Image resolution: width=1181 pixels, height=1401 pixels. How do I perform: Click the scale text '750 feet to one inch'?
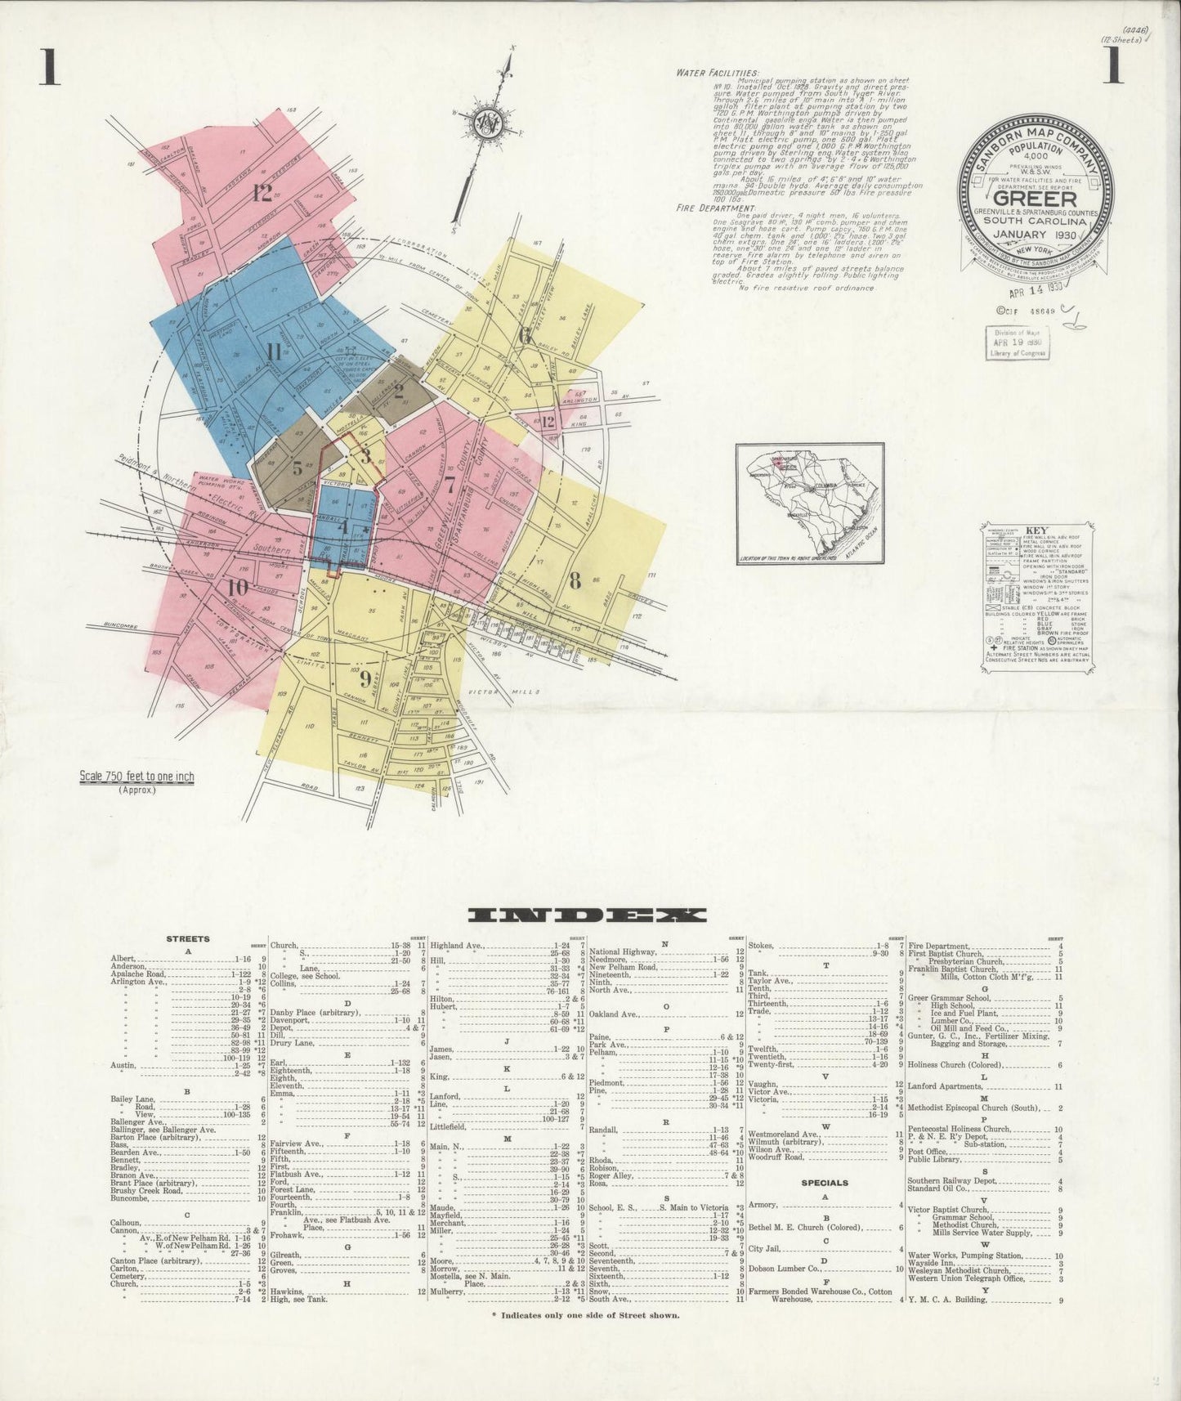pos(136,777)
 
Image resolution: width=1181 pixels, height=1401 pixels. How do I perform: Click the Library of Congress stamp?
pos(1017,342)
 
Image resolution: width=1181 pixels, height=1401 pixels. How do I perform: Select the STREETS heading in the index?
pos(187,938)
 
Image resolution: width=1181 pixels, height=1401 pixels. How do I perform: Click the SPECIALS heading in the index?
pos(825,1182)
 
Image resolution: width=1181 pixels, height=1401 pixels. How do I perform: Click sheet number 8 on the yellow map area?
pos(575,581)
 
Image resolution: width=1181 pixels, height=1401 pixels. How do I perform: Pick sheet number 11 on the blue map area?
pos(273,352)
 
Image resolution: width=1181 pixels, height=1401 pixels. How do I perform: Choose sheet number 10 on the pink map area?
pos(238,586)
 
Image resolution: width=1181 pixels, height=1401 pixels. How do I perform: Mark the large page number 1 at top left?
pos(48,69)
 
